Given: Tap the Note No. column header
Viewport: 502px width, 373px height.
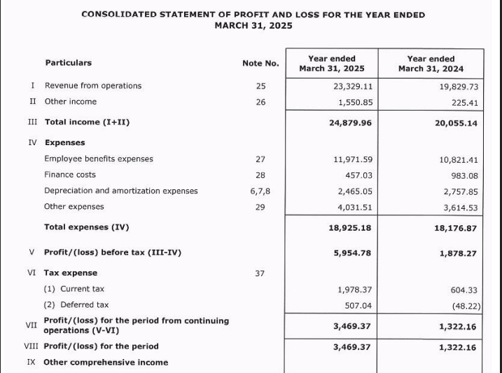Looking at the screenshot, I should click(x=260, y=64).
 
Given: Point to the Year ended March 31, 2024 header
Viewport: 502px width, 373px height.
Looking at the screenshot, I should click(x=431, y=64).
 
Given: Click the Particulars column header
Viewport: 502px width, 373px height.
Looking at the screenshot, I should click(x=69, y=63).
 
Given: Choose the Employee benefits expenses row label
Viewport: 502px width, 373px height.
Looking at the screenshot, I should click(x=99, y=159).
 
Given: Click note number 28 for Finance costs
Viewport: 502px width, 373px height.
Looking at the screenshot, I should click(x=260, y=175).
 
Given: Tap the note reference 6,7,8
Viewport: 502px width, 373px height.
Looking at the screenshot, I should click(x=260, y=191).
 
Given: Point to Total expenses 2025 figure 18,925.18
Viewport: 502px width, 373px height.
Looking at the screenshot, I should click(x=350, y=228).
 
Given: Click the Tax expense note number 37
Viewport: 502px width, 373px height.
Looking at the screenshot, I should click(x=260, y=273).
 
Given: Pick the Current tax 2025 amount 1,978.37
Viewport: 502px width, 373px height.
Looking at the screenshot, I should click(x=354, y=290).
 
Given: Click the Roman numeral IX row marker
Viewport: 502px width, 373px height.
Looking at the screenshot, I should click(x=31, y=362).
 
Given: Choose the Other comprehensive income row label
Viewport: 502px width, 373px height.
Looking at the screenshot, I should click(x=106, y=362).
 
